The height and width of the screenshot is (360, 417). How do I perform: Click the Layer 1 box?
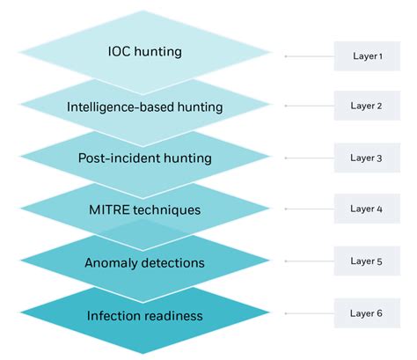coord(366,55)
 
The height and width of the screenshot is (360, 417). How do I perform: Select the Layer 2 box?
coord(366,107)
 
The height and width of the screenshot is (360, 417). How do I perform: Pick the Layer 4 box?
coord(366,209)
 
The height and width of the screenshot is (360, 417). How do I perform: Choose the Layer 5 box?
coord(366,261)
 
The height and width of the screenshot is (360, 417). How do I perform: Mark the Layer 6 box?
coord(366,312)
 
